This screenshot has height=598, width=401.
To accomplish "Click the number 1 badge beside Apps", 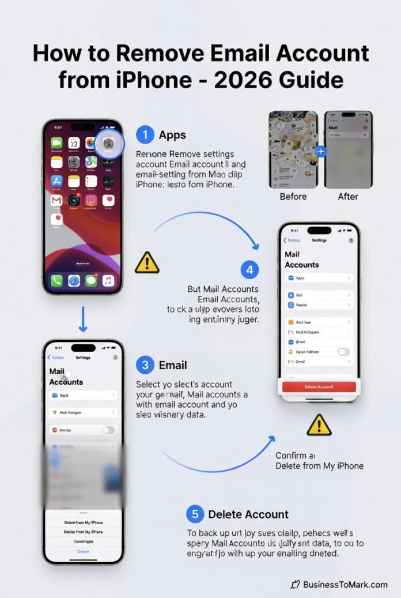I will coord(145,135).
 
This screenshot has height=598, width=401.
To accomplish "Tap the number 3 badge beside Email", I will coord(145,365).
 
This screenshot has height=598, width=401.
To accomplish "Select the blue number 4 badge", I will coord(249,269).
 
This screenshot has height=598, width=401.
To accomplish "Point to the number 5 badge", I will coord(195,514).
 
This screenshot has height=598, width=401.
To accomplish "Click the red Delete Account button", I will coord(319,386).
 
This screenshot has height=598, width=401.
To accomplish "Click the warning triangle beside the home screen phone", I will coord(147,262).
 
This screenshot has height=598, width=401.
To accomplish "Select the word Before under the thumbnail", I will coord(293,197).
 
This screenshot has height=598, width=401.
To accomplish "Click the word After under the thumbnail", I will coord(348,197).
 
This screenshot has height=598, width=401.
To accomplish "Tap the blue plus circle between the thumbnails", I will coord(321,152).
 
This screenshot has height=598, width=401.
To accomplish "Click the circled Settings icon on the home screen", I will coord(108,142).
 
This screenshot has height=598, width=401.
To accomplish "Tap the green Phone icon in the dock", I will coord(56,281).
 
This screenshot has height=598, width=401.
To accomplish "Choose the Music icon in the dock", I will coord(108,281).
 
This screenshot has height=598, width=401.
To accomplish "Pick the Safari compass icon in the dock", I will coord(74,281).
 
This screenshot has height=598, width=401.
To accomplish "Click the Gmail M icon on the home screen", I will coord(56,200).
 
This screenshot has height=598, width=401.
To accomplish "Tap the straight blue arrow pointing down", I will coord(82,319).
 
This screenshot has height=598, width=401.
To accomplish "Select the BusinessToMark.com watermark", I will coord(339,584).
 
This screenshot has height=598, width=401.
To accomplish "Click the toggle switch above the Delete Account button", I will coord(343,351).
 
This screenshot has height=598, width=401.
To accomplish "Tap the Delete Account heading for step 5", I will coord(248,514).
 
